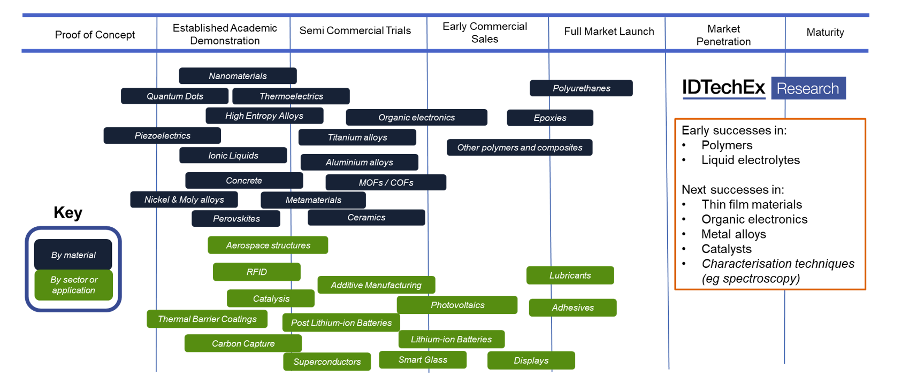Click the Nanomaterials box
(x=238, y=76)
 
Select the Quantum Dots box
(x=175, y=96)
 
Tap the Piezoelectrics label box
(x=162, y=136)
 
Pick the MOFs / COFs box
(x=386, y=182)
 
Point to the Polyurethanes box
(x=581, y=88)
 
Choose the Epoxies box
(x=550, y=118)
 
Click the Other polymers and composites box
(x=520, y=148)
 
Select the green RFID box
(x=257, y=272)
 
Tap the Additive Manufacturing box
(x=376, y=285)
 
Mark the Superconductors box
(x=327, y=362)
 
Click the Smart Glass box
(x=423, y=359)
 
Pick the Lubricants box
(x=570, y=275)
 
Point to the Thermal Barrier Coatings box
(x=207, y=319)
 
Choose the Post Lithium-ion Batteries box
(x=341, y=322)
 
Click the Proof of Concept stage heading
(x=95, y=35)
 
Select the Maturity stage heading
(x=825, y=33)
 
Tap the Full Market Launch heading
(x=609, y=32)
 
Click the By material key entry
(x=73, y=255)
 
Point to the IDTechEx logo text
(x=723, y=88)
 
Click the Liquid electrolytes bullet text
(x=750, y=160)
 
